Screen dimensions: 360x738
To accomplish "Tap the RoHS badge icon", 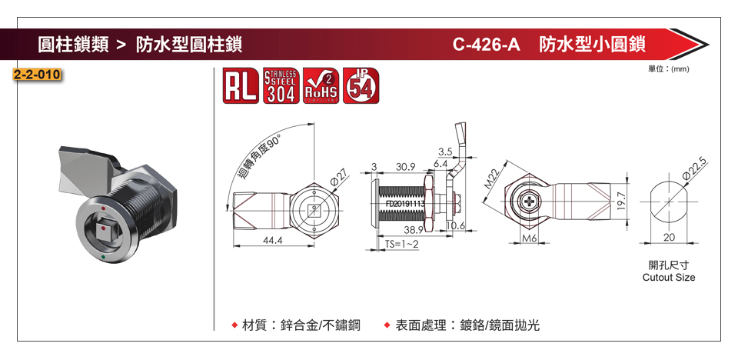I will (x=321, y=85).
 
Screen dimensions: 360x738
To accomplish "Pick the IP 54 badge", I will (x=361, y=85).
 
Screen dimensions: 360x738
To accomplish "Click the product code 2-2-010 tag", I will (x=37, y=75).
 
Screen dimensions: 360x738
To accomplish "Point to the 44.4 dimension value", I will (x=273, y=241).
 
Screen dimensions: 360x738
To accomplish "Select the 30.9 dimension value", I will (x=405, y=167).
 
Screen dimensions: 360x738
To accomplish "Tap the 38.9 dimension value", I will (x=414, y=230).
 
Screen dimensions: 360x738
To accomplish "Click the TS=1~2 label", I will (x=402, y=244).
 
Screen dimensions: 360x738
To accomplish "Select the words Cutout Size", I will (x=668, y=277).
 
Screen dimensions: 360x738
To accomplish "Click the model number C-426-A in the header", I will (x=487, y=44).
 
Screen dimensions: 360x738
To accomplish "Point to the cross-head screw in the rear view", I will (x=530, y=202).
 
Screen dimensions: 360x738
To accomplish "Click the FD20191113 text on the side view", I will (x=399, y=203).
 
